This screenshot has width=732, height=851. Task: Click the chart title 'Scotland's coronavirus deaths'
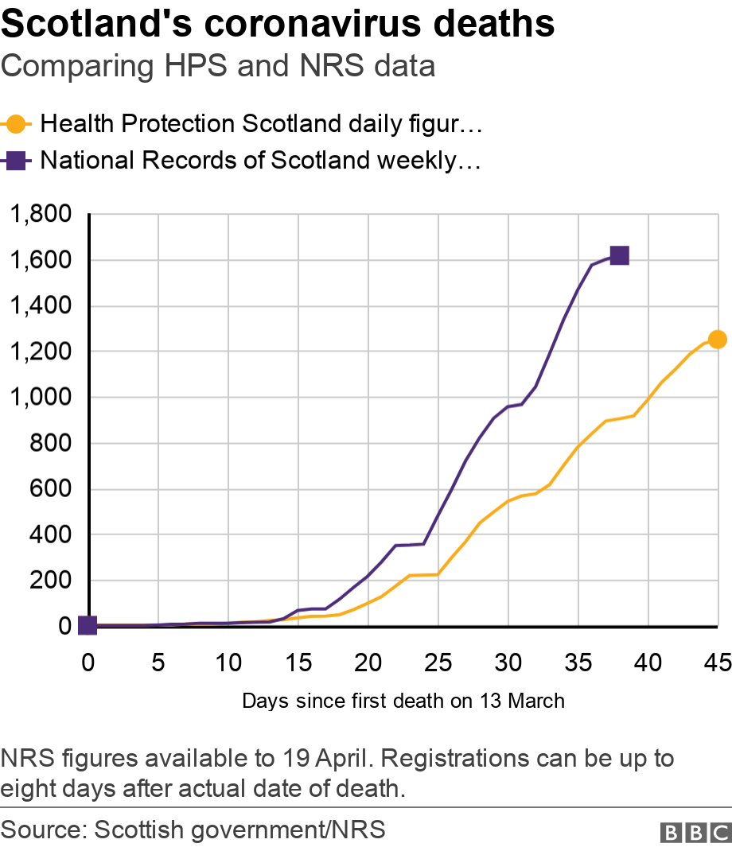point(278,25)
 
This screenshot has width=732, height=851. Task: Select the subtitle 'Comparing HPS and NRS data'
point(218,66)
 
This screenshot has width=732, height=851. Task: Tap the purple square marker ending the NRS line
point(619,255)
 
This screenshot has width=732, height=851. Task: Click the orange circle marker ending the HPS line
point(717,340)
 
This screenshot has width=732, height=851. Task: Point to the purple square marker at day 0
point(88,626)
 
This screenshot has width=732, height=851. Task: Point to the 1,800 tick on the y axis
point(40,215)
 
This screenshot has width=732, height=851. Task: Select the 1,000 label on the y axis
point(40,398)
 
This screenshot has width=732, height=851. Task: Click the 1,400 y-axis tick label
point(40,306)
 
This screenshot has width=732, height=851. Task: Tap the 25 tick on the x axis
point(438,663)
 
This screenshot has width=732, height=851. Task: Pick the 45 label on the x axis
point(718,663)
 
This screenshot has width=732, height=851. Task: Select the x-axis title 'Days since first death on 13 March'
point(403,701)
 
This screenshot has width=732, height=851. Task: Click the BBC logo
point(695,832)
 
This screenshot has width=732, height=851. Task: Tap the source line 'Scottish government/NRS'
point(239,830)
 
